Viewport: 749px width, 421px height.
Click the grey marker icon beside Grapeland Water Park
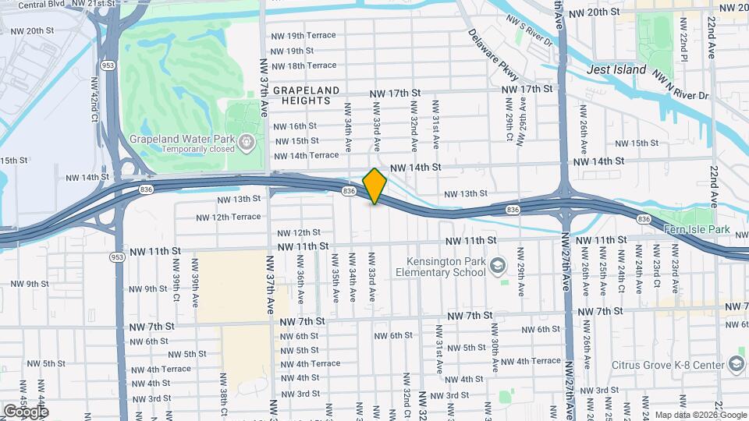[247, 141]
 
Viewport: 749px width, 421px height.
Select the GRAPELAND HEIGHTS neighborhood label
[306, 96]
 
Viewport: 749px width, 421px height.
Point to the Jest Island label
[616, 69]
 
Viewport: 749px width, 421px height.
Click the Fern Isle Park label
[696, 230]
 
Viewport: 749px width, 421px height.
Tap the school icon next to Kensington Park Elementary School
[497, 267]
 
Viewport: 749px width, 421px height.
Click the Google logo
[26, 411]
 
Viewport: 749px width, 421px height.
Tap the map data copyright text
[700, 415]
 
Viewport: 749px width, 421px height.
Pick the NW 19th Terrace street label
[303, 36]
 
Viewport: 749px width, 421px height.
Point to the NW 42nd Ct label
[95, 97]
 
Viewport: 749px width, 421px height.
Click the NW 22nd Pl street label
[682, 48]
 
